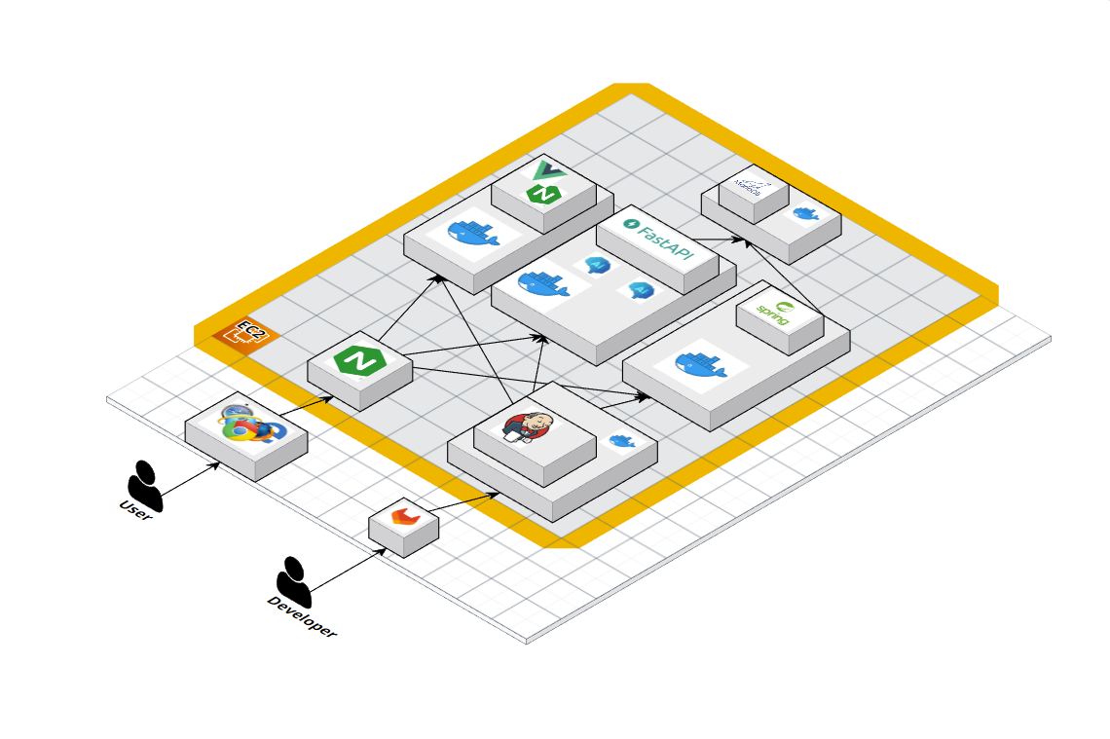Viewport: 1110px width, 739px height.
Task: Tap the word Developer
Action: pyautogui.click(x=302, y=616)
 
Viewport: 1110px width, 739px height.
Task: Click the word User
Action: pyautogui.click(x=135, y=509)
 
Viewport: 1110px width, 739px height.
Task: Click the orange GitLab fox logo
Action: pyautogui.click(x=402, y=517)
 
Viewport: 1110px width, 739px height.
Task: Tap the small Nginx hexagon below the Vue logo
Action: pyautogui.click(x=541, y=193)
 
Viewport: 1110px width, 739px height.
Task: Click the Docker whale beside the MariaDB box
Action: pyautogui.click(x=804, y=212)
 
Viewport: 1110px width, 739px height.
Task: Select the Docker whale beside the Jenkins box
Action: pyautogui.click(x=621, y=441)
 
